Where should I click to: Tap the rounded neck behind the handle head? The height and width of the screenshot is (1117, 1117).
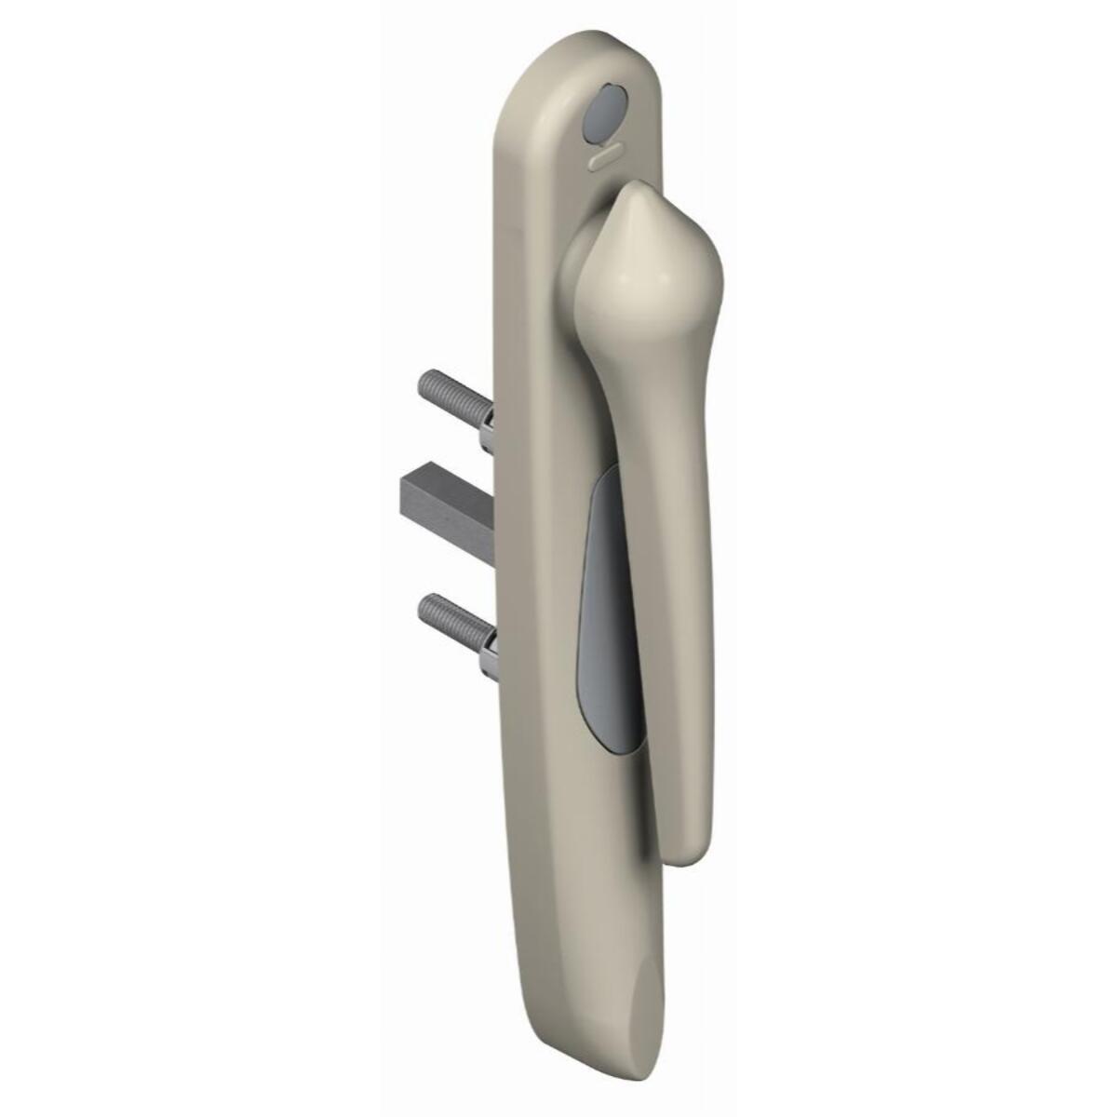coord(582,261)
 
